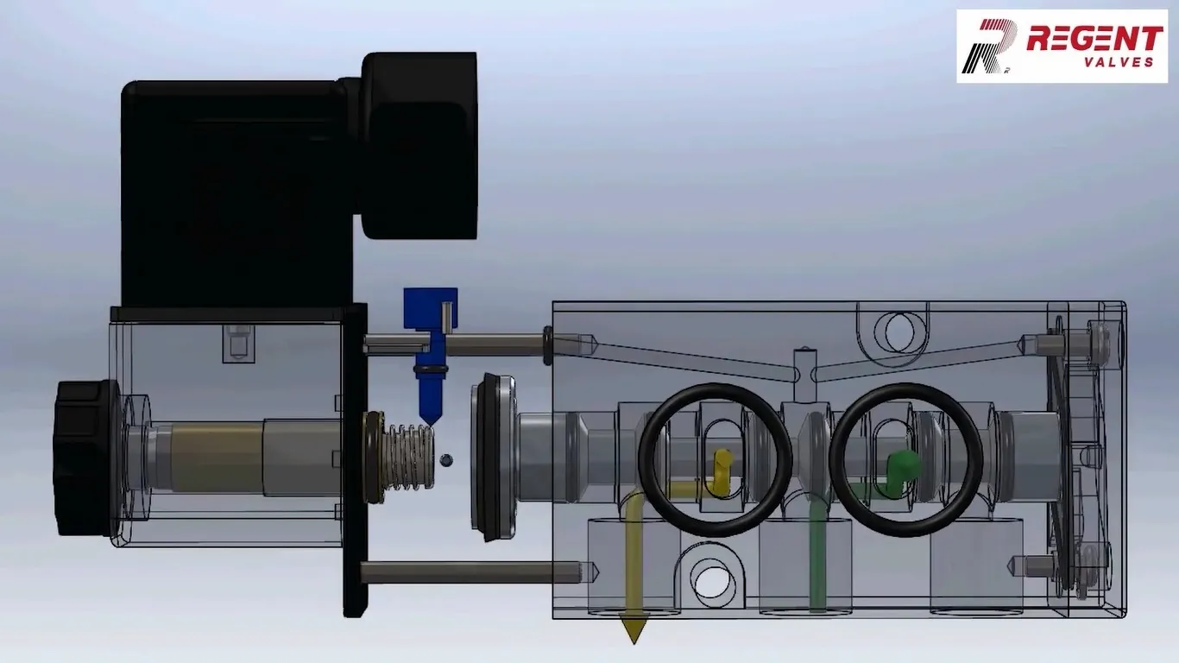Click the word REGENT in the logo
(1094, 38)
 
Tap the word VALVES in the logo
(1119, 62)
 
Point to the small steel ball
(446, 460)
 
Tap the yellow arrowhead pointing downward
(634, 631)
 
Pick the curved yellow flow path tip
(721, 472)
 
